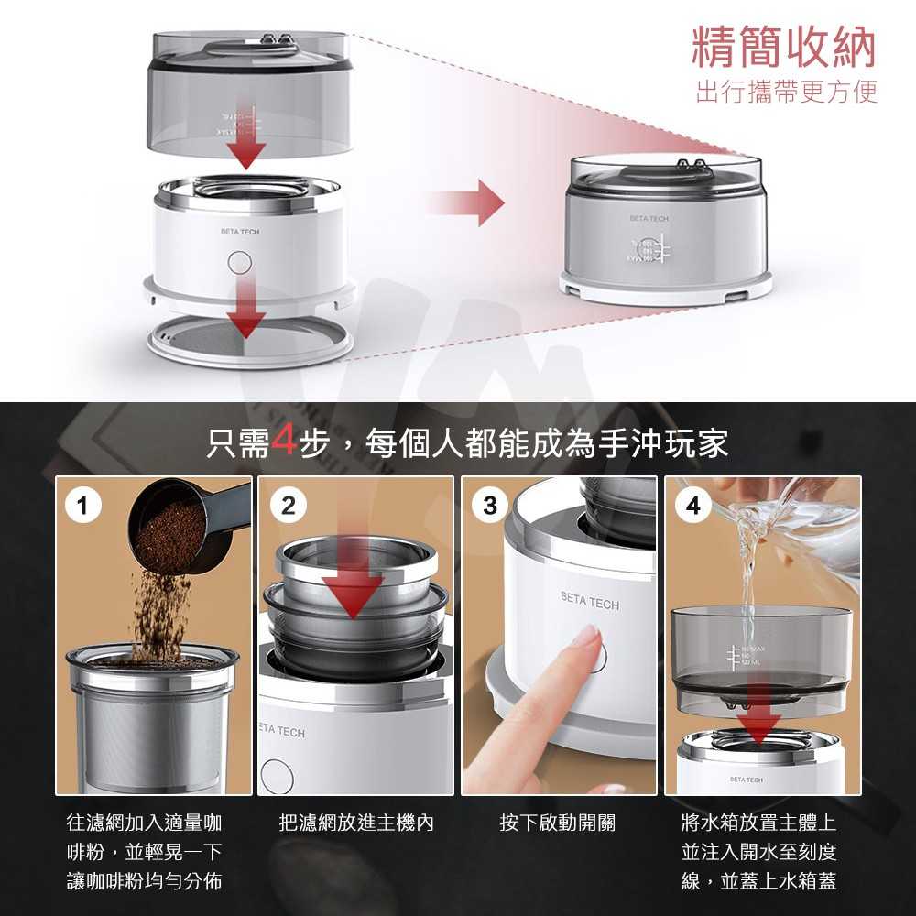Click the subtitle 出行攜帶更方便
pyautogui.click(x=786, y=93)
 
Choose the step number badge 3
pyautogui.click(x=491, y=506)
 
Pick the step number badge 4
pyautogui.click(x=694, y=506)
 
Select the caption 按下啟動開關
pyautogui.click(x=557, y=823)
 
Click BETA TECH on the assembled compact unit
pyautogui.click(x=649, y=220)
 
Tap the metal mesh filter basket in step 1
pyautogui.click(x=147, y=724)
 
